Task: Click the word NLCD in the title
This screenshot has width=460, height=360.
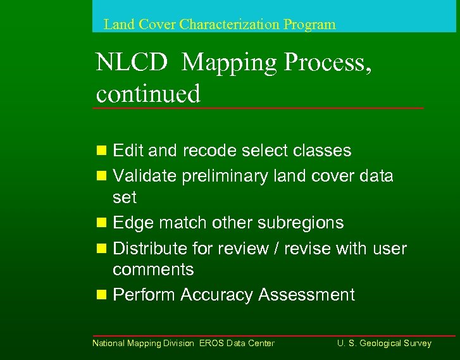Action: [132, 63]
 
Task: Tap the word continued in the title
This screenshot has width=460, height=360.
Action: [148, 94]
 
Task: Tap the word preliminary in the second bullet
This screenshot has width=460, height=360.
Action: [225, 176]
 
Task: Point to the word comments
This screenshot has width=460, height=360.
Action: [153, 270]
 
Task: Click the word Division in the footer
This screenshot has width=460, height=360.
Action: [180, 344]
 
